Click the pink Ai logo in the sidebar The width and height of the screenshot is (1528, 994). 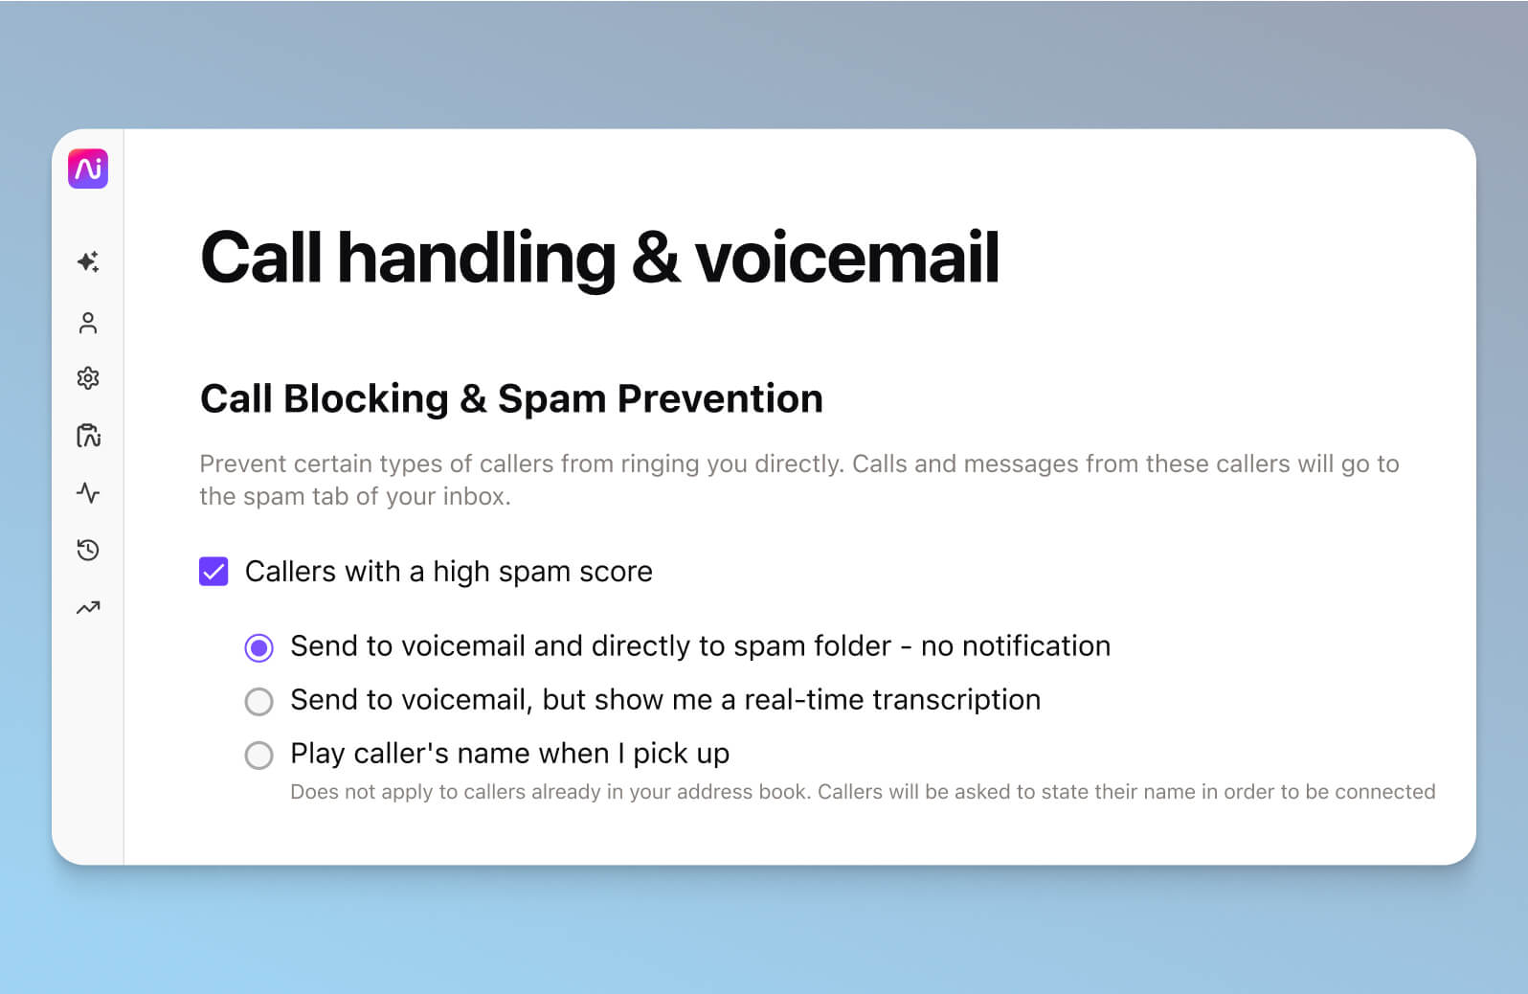tap(88, 169)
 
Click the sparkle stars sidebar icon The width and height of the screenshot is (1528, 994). tap(88, 261)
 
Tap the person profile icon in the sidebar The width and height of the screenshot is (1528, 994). tap(88, 323)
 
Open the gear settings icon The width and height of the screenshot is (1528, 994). tap(88, 378)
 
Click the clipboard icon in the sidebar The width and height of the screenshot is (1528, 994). tap(88, 436)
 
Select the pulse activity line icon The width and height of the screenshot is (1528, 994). tap(88, 493)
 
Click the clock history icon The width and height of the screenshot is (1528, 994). tap(88, 550)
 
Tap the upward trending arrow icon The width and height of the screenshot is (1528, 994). tap(88, 607)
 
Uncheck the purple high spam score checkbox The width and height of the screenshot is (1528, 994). tap(213, 572)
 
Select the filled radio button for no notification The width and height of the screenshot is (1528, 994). tap(258, 648)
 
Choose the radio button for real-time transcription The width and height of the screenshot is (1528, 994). tap(258, 702)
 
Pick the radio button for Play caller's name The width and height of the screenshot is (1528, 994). tap(258, 756)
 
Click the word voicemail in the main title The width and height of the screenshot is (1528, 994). tap(846, 258)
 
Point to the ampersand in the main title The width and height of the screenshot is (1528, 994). tap(656, 258)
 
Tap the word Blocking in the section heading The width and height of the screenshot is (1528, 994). tap(366, 398)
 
